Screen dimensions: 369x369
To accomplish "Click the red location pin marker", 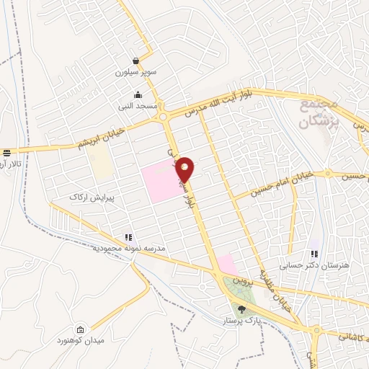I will point(186,169).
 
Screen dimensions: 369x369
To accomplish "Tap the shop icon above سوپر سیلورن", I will point(136,62).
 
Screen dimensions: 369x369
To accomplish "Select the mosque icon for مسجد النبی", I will point(138,94).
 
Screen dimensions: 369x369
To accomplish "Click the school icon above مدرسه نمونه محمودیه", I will point(128,236).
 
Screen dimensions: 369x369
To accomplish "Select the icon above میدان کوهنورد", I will point(79,328).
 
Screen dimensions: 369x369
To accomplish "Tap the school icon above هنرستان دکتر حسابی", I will point(314,254).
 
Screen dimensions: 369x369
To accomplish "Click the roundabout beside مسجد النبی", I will point(165,117).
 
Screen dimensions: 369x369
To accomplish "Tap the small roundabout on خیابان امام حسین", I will point(329,174).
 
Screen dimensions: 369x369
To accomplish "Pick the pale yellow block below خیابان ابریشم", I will point(102,166).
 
